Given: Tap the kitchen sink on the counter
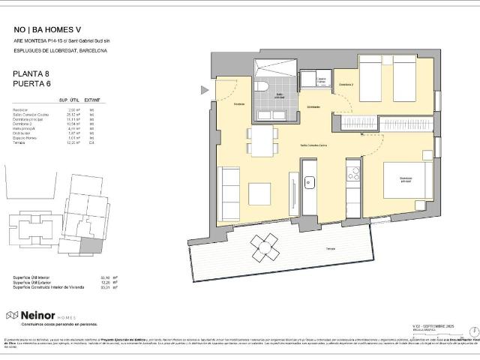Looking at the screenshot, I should click(x=309, y=181).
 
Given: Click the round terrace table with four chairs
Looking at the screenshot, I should click(x=265, y=245).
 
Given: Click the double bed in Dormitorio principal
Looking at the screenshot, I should click(x=407, y=181).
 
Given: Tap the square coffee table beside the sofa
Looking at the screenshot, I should click(x=260, y=193).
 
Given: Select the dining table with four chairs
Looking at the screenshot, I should click(x=262, y=141).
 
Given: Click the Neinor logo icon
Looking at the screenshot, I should click(x=11, y=316).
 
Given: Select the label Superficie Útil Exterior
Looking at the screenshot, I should click(x=35, y=282).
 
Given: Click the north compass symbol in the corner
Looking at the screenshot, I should click(x=473, y=331).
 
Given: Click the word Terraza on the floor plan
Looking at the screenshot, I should click(x=330, y=248).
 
